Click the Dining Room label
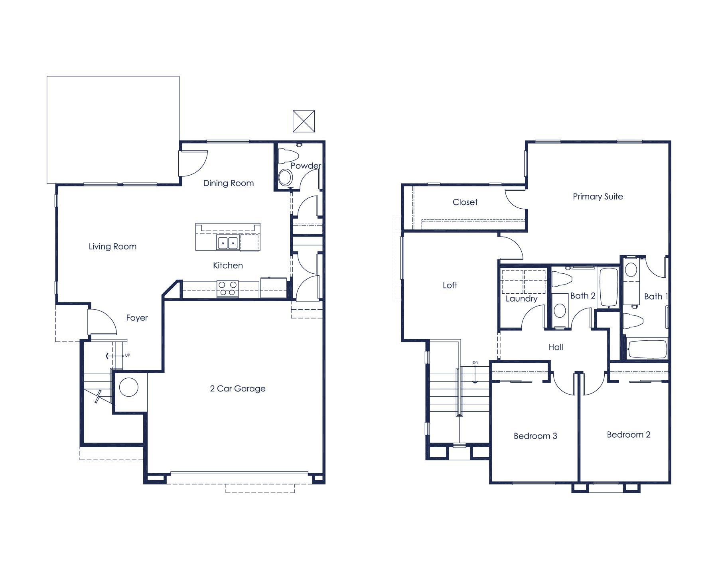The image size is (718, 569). [228, 183]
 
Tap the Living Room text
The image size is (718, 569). [112, 247]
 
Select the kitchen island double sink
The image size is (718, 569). [228, 243]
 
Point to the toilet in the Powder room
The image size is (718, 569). [288, 155]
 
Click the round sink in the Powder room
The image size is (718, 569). [285, 177]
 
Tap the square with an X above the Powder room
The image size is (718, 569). [304, 121]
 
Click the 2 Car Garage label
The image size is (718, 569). [237, 389]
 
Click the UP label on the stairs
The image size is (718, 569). [127, 355]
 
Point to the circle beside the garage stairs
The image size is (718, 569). [129, 387]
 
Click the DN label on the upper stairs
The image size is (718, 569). [475, 363]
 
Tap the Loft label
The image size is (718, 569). [450, 285]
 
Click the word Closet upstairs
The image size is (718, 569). [465, 202]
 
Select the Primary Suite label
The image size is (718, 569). [598, 196]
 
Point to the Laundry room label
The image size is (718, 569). [521, 298]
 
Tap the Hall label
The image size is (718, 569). [556, 347]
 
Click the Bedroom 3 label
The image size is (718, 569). [535, 436]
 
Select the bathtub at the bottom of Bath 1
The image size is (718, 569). [647, 349]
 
